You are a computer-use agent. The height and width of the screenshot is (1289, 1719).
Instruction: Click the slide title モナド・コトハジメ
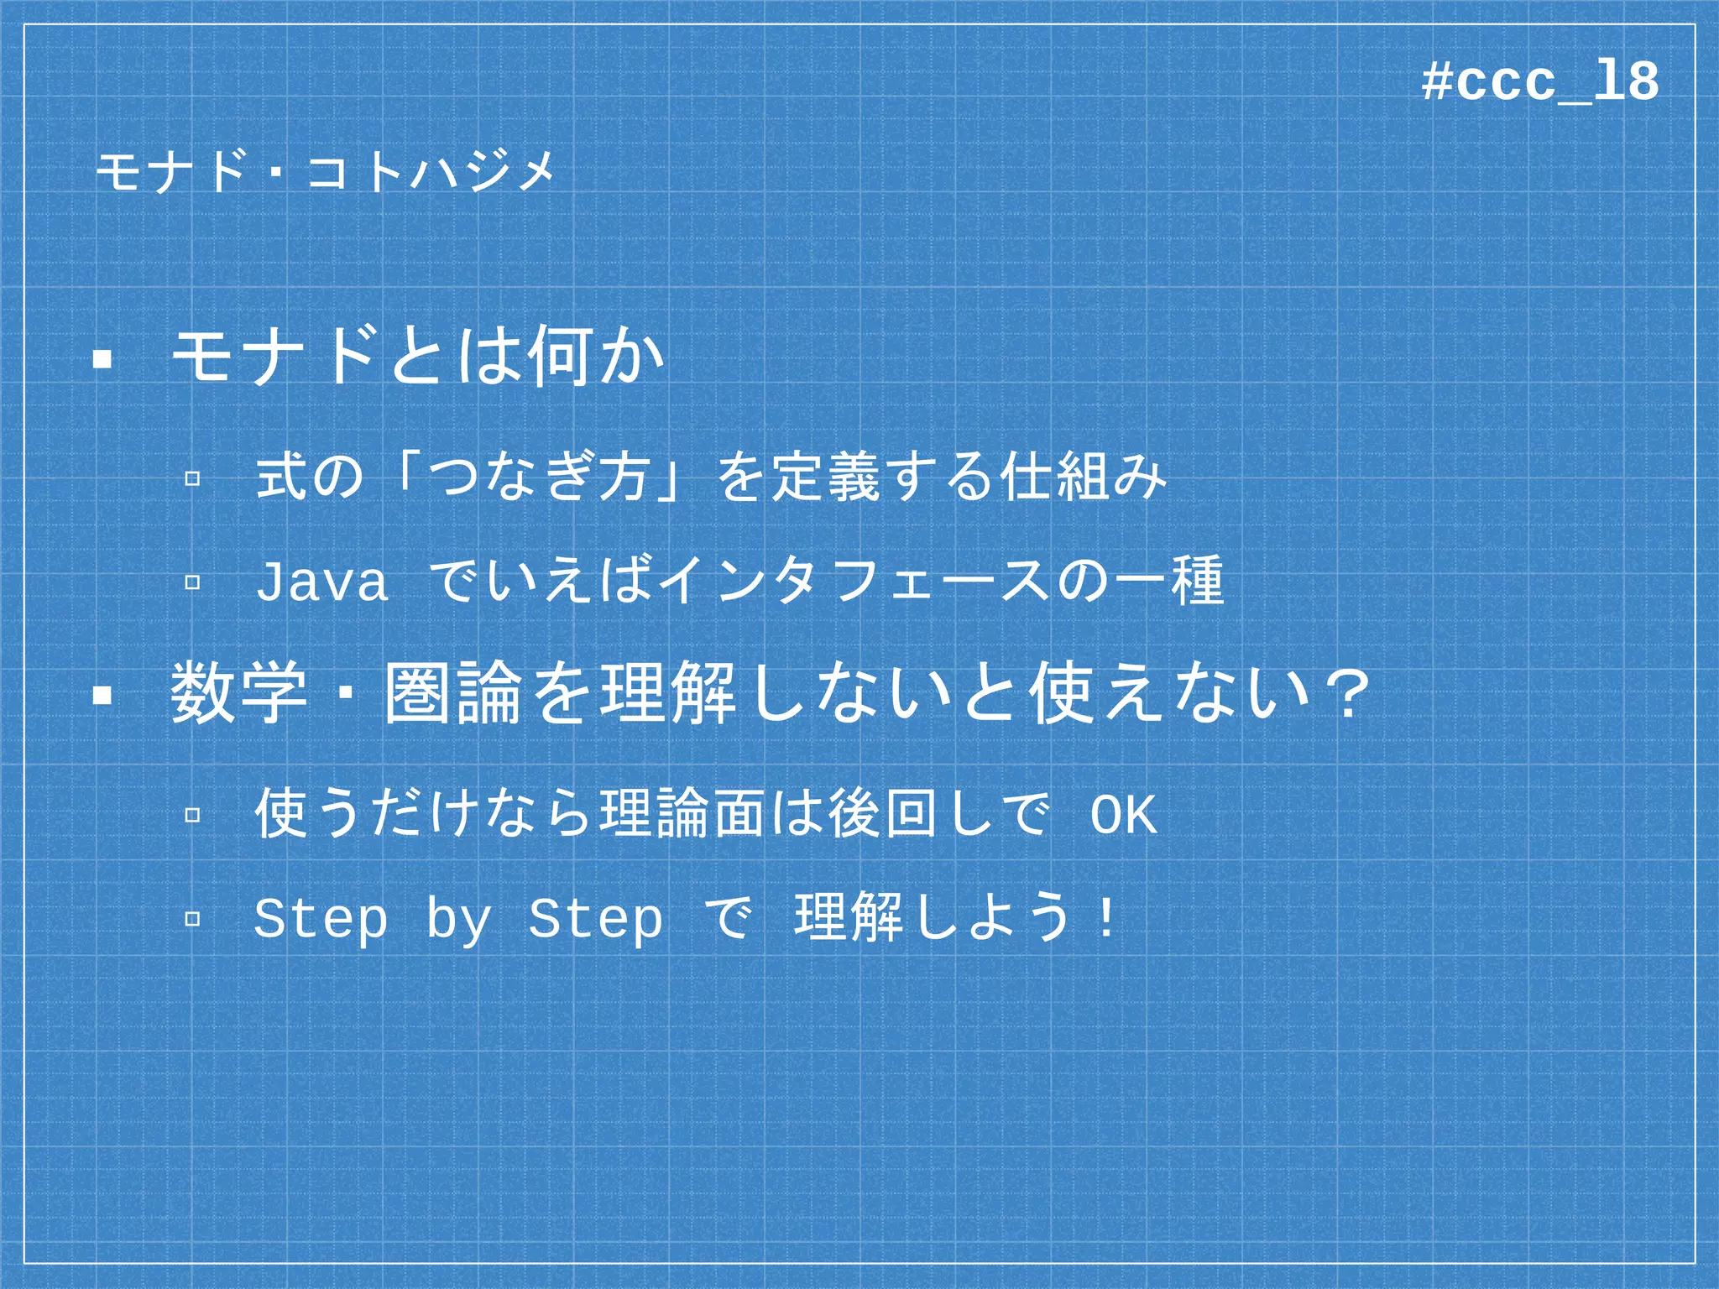point(325,172)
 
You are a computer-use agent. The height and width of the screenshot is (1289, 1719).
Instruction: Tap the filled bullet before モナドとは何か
point(102,360)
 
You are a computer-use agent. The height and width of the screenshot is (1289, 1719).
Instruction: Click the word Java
point(322,582)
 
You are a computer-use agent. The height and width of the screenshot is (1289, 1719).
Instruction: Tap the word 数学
point(238,693)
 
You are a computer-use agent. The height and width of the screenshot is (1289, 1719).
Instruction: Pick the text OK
point(1124,814)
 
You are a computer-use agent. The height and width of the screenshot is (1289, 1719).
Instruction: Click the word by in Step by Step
point(458,920)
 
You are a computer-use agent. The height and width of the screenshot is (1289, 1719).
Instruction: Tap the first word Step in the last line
point(321,918)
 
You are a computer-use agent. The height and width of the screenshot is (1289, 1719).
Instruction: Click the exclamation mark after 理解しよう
point(1107,918)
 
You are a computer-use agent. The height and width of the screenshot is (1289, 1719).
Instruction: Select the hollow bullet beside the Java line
point(192,582)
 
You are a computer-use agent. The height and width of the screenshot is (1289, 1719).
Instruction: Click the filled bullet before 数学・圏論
point(102,695)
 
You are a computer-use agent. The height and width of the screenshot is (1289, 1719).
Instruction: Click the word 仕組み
point(1083,477)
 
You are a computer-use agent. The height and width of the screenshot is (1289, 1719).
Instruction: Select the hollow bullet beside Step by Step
point(192,918)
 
